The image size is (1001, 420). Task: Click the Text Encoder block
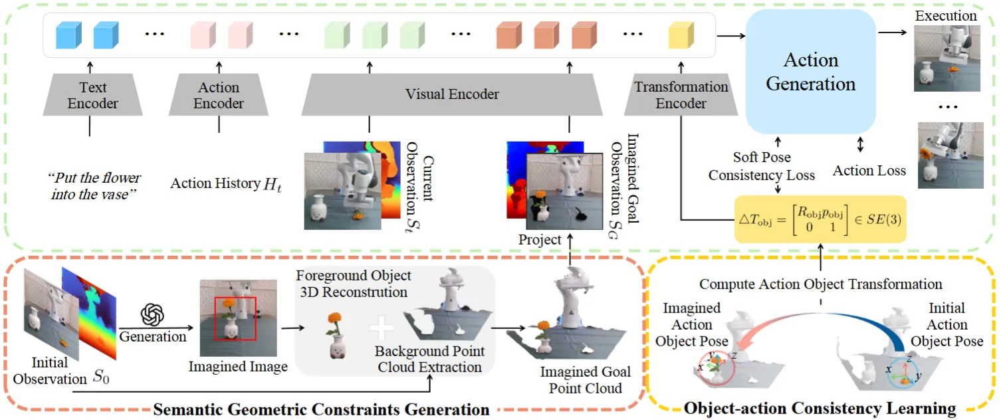92,96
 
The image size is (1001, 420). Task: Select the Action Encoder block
219,96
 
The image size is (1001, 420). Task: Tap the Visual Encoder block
452,94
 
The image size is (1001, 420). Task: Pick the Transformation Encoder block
681,95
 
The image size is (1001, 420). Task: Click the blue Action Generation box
810,72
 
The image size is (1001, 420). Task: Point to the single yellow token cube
681,33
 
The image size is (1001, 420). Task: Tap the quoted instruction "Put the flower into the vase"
94,185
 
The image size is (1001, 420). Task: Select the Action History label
226,183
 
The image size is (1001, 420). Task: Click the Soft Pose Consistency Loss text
761,166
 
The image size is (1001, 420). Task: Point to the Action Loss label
869,171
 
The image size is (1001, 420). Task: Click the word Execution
946,15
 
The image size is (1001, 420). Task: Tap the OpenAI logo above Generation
152,313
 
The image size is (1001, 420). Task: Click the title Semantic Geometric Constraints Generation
322,409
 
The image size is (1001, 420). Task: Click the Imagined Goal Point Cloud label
585,379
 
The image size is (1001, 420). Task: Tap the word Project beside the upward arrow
540,240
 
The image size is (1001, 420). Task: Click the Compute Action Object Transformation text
820,284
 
